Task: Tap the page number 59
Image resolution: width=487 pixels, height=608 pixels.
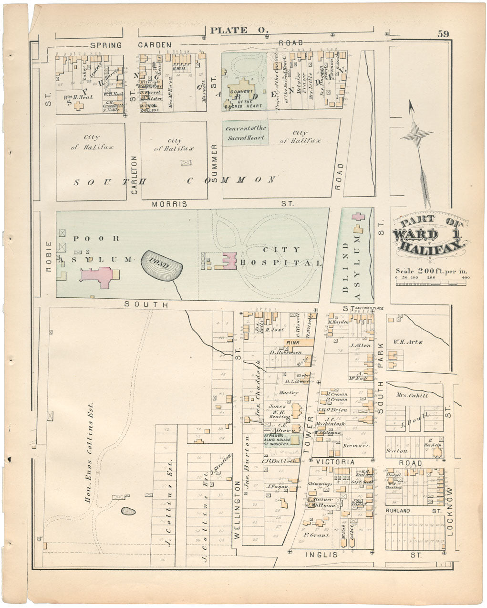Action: [443, 34]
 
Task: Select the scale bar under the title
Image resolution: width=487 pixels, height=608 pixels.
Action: [431, 283]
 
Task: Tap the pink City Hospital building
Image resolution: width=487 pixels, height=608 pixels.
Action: [228, 262]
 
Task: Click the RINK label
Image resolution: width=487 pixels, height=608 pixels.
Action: [291, 343]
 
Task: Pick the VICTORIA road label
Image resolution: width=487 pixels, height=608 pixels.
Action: [335, 462]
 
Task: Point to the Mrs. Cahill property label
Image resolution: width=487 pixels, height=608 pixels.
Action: [412, 396]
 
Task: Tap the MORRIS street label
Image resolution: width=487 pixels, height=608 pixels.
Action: [169, 204]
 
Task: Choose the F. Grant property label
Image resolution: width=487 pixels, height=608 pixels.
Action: [317, 535]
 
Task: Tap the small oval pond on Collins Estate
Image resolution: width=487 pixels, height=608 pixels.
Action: [127, 511]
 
